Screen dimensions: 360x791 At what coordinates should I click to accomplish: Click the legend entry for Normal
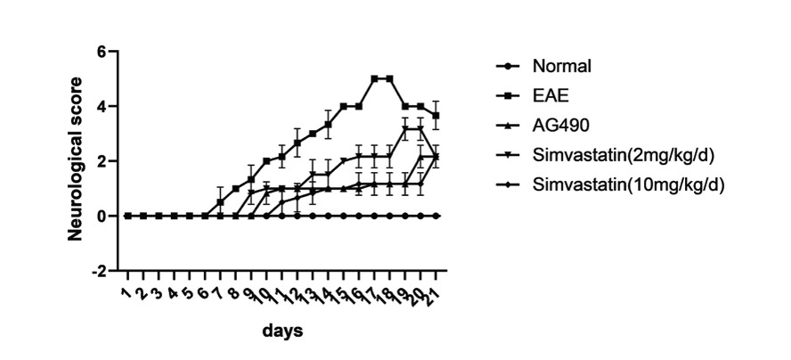pyautogui.click(x=562, y=66)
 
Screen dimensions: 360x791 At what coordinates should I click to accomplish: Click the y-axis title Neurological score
pyautogui.click(x=77, y=160)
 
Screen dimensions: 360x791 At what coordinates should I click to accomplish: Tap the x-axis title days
pyautogui.click(x=282, y=331)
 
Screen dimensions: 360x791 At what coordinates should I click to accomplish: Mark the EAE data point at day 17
pyautogui.click(x=374, y=78)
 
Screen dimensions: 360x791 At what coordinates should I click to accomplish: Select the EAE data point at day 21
pyautogui.click(x=436, y=116)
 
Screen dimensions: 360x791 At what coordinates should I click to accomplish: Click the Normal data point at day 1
pyautogui.click(x=127, y=216)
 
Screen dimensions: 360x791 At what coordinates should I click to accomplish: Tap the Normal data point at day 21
pyautogui.click(x=436, y=216)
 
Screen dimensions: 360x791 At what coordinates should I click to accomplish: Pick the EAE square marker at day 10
pyautogui.click(x=266, y=161)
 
